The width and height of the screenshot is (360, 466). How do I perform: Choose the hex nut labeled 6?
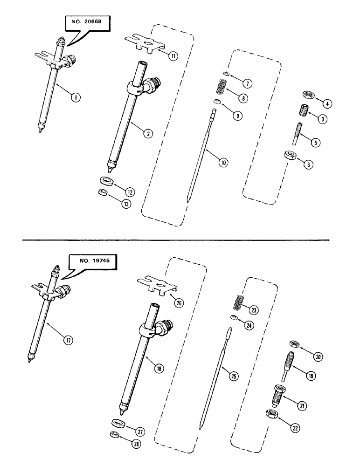point(291,155)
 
